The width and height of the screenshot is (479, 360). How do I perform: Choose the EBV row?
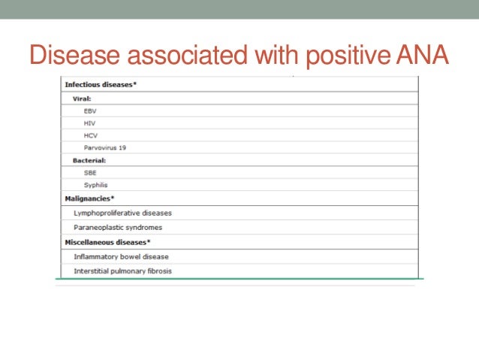90,110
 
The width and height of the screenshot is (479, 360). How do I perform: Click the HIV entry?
89,123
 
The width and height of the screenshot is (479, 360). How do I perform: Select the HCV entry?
90,135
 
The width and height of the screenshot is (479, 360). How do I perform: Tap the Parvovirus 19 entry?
104,147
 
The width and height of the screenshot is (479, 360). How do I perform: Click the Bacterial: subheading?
89,160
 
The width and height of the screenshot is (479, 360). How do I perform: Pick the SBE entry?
90,172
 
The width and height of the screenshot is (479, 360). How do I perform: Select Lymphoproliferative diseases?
122,213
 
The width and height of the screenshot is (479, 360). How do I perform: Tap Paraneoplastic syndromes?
117,227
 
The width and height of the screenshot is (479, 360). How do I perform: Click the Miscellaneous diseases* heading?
107,242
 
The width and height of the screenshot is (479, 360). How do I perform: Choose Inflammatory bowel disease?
121,256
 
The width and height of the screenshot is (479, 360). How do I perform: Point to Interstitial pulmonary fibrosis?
122,271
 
